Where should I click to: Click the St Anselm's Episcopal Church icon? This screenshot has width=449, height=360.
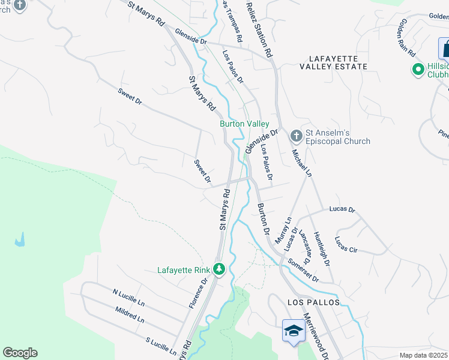pyautogui.click(x=295, y=136)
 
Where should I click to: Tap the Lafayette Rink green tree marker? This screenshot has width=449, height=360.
pyautogui.click(x=219, y=270)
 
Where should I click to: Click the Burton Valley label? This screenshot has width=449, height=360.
pyautogui.click(x=244, y=124)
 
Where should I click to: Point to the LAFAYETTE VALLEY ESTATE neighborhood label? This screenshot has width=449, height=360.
pyautogui.click(x=337, y=62)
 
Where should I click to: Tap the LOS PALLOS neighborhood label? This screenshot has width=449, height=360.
pyautogui.click(x=305, y=302)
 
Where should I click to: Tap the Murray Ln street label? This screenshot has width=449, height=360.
pyautogui.click(x=283, y=230)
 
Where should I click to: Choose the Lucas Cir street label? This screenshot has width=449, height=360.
pyautogui.click(x=346, y=245)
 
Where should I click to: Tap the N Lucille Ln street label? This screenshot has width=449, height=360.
pyautogui.click(x=129, y=296)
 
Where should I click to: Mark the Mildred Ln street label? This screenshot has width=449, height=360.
pyautogui.click(x=129, y=315)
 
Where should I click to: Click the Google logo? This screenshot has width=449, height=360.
pyautogui.click(x=20, y=353)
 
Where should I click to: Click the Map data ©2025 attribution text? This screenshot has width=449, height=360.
pyautogui.click(x=424, y=355)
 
